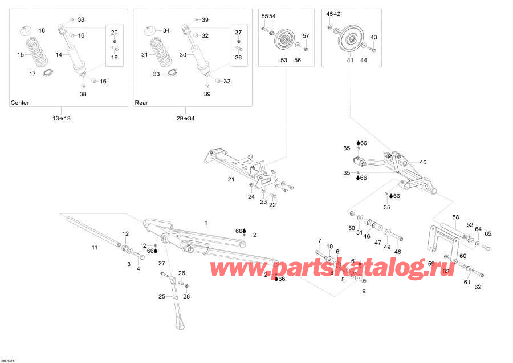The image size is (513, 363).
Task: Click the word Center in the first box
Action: pyautogui.click(x=20, y=103)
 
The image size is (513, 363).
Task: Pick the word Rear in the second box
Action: pyautogui.click(x=141, y=103)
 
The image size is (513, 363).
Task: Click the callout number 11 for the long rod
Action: pyautogui.click(x=95, y=248)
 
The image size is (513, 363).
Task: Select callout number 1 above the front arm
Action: pyautogui.click(x=206, y=222)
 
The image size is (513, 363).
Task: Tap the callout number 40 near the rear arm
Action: pyautogui.click(x=423, y=162)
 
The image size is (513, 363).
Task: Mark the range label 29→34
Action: pyautogui.click(x=185, y=118)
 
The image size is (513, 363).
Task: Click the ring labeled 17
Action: pyautogui.click(x=47, y=73)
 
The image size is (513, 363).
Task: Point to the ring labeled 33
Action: pyautogui.click(x=172, y=73)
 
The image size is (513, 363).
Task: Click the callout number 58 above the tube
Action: pyautogui.click(x=455, y=217)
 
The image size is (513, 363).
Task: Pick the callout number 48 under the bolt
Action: pyautogui.click(x=398, y=252)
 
